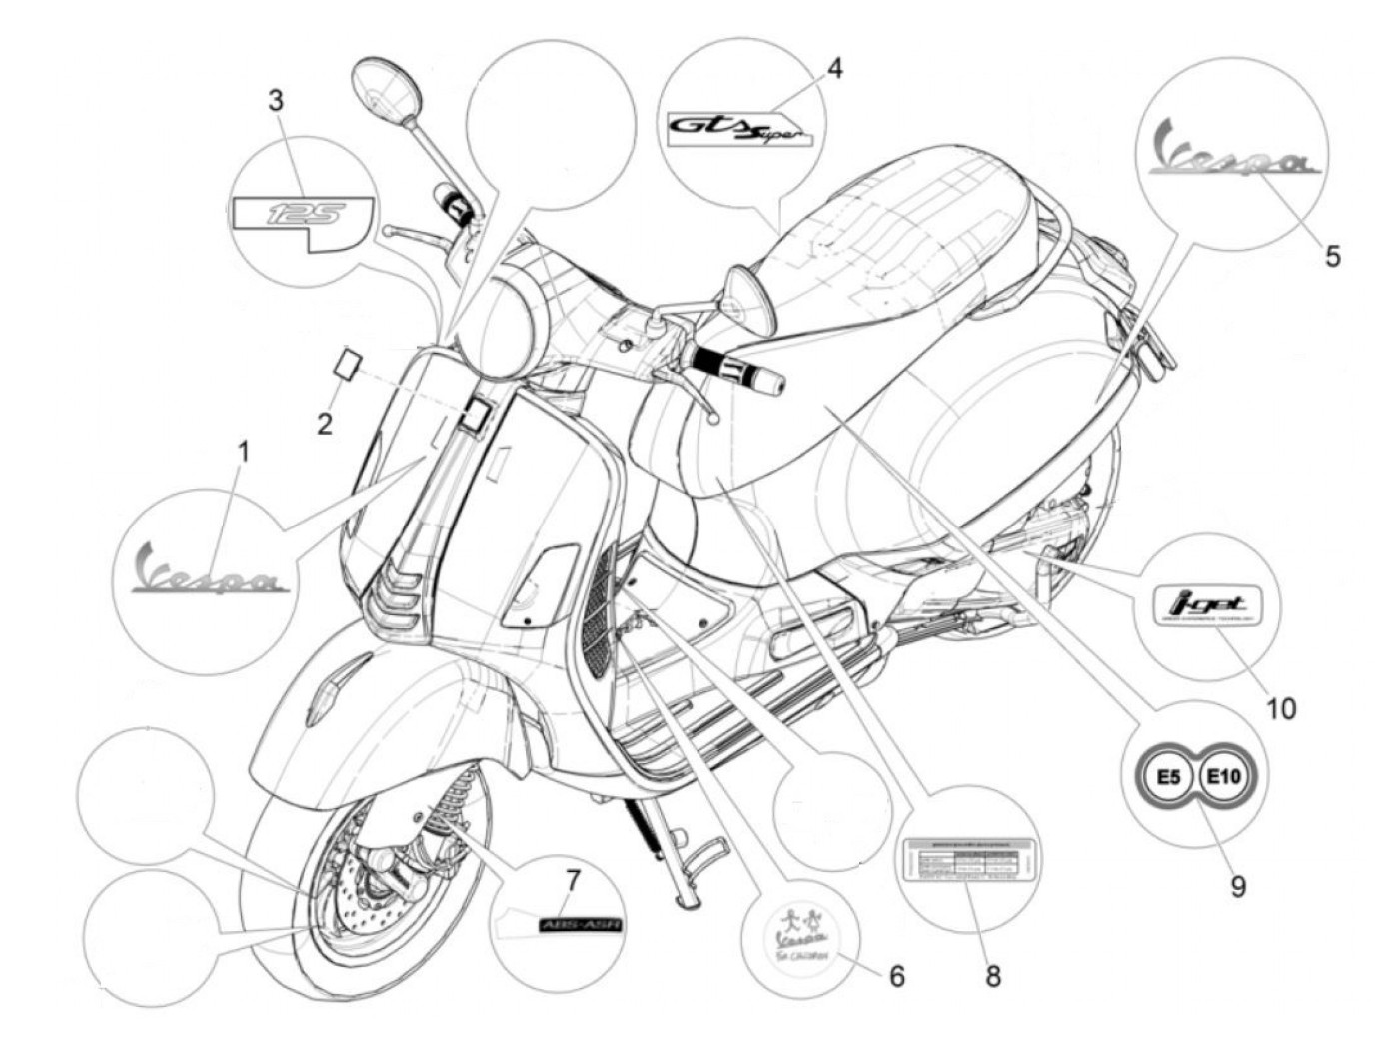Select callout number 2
pyautogui.click(x=324, y=424)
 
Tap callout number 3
pyautogui.click(x=276, y=101)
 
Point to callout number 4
pyautogui.click(x=834, y=68)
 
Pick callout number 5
pyautogui.click(x=1332, y=255)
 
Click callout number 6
pyautogui.click(x=896, y=975)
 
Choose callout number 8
pyautogui.click(x=992, y=975)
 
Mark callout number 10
pyautogui.click(x=1280, y=708)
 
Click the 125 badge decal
pyautogui.click(x=303, y=217)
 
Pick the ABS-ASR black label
pyautogui.click(x=580, y=926)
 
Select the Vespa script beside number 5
pyautogui.click(x=1239, y=151)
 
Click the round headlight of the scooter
pyautogui.click(x=506, y=321)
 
